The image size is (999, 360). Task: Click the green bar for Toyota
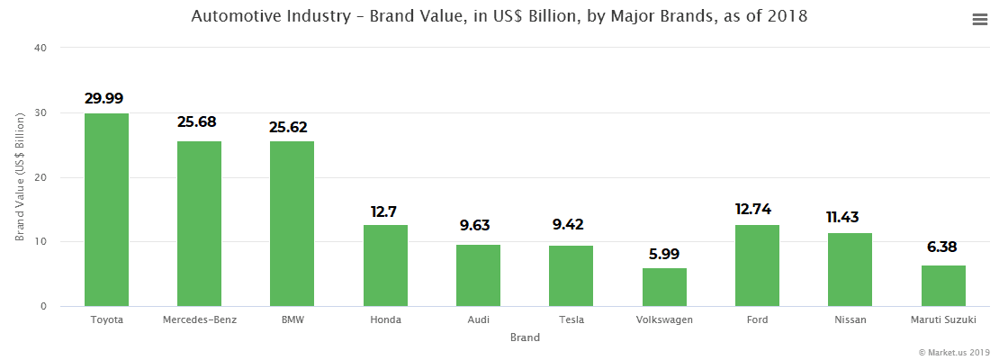(x=106, y=210)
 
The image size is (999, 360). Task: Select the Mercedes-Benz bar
(x=199, y=223)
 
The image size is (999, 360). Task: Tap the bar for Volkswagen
(x=664, y=287)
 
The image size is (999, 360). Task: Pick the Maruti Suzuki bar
(x=943, y=285)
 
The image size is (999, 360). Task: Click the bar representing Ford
(x=757, y=265)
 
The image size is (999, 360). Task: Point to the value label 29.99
(x=104, y=98)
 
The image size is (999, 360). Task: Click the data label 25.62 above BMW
(x=292, y=127)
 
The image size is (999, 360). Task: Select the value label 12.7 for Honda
(x=384, y=211)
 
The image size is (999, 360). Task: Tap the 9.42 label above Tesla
(x=571, y=225)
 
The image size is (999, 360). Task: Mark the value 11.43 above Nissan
(x=850, y=217)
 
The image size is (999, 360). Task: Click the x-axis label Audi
(x=477, y=319)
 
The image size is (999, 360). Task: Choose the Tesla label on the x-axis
(x=571, y=319)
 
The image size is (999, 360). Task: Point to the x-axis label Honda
(x=384, y=319)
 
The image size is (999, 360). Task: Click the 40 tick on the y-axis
(x=40, y=48)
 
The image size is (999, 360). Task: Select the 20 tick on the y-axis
(x=40, y=177)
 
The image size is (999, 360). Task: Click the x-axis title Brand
(x=524, y=337)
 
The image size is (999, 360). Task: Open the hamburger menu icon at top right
(x=980, y=20)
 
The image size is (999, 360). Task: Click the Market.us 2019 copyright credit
(x=954, y=352)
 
